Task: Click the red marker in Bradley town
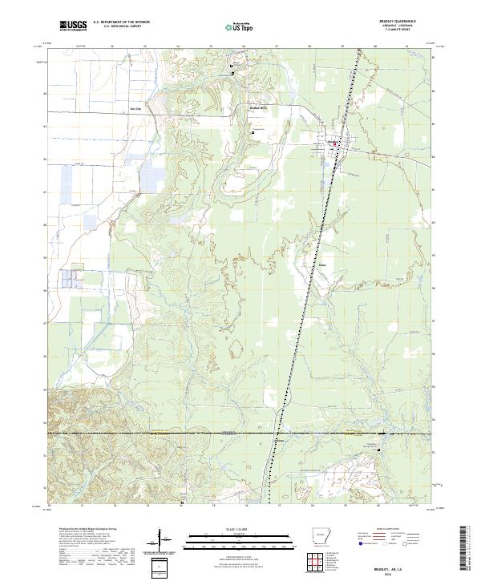click(335, 144)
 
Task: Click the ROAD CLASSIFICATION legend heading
click(391, 530)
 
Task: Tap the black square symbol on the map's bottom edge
click(182, 502)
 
